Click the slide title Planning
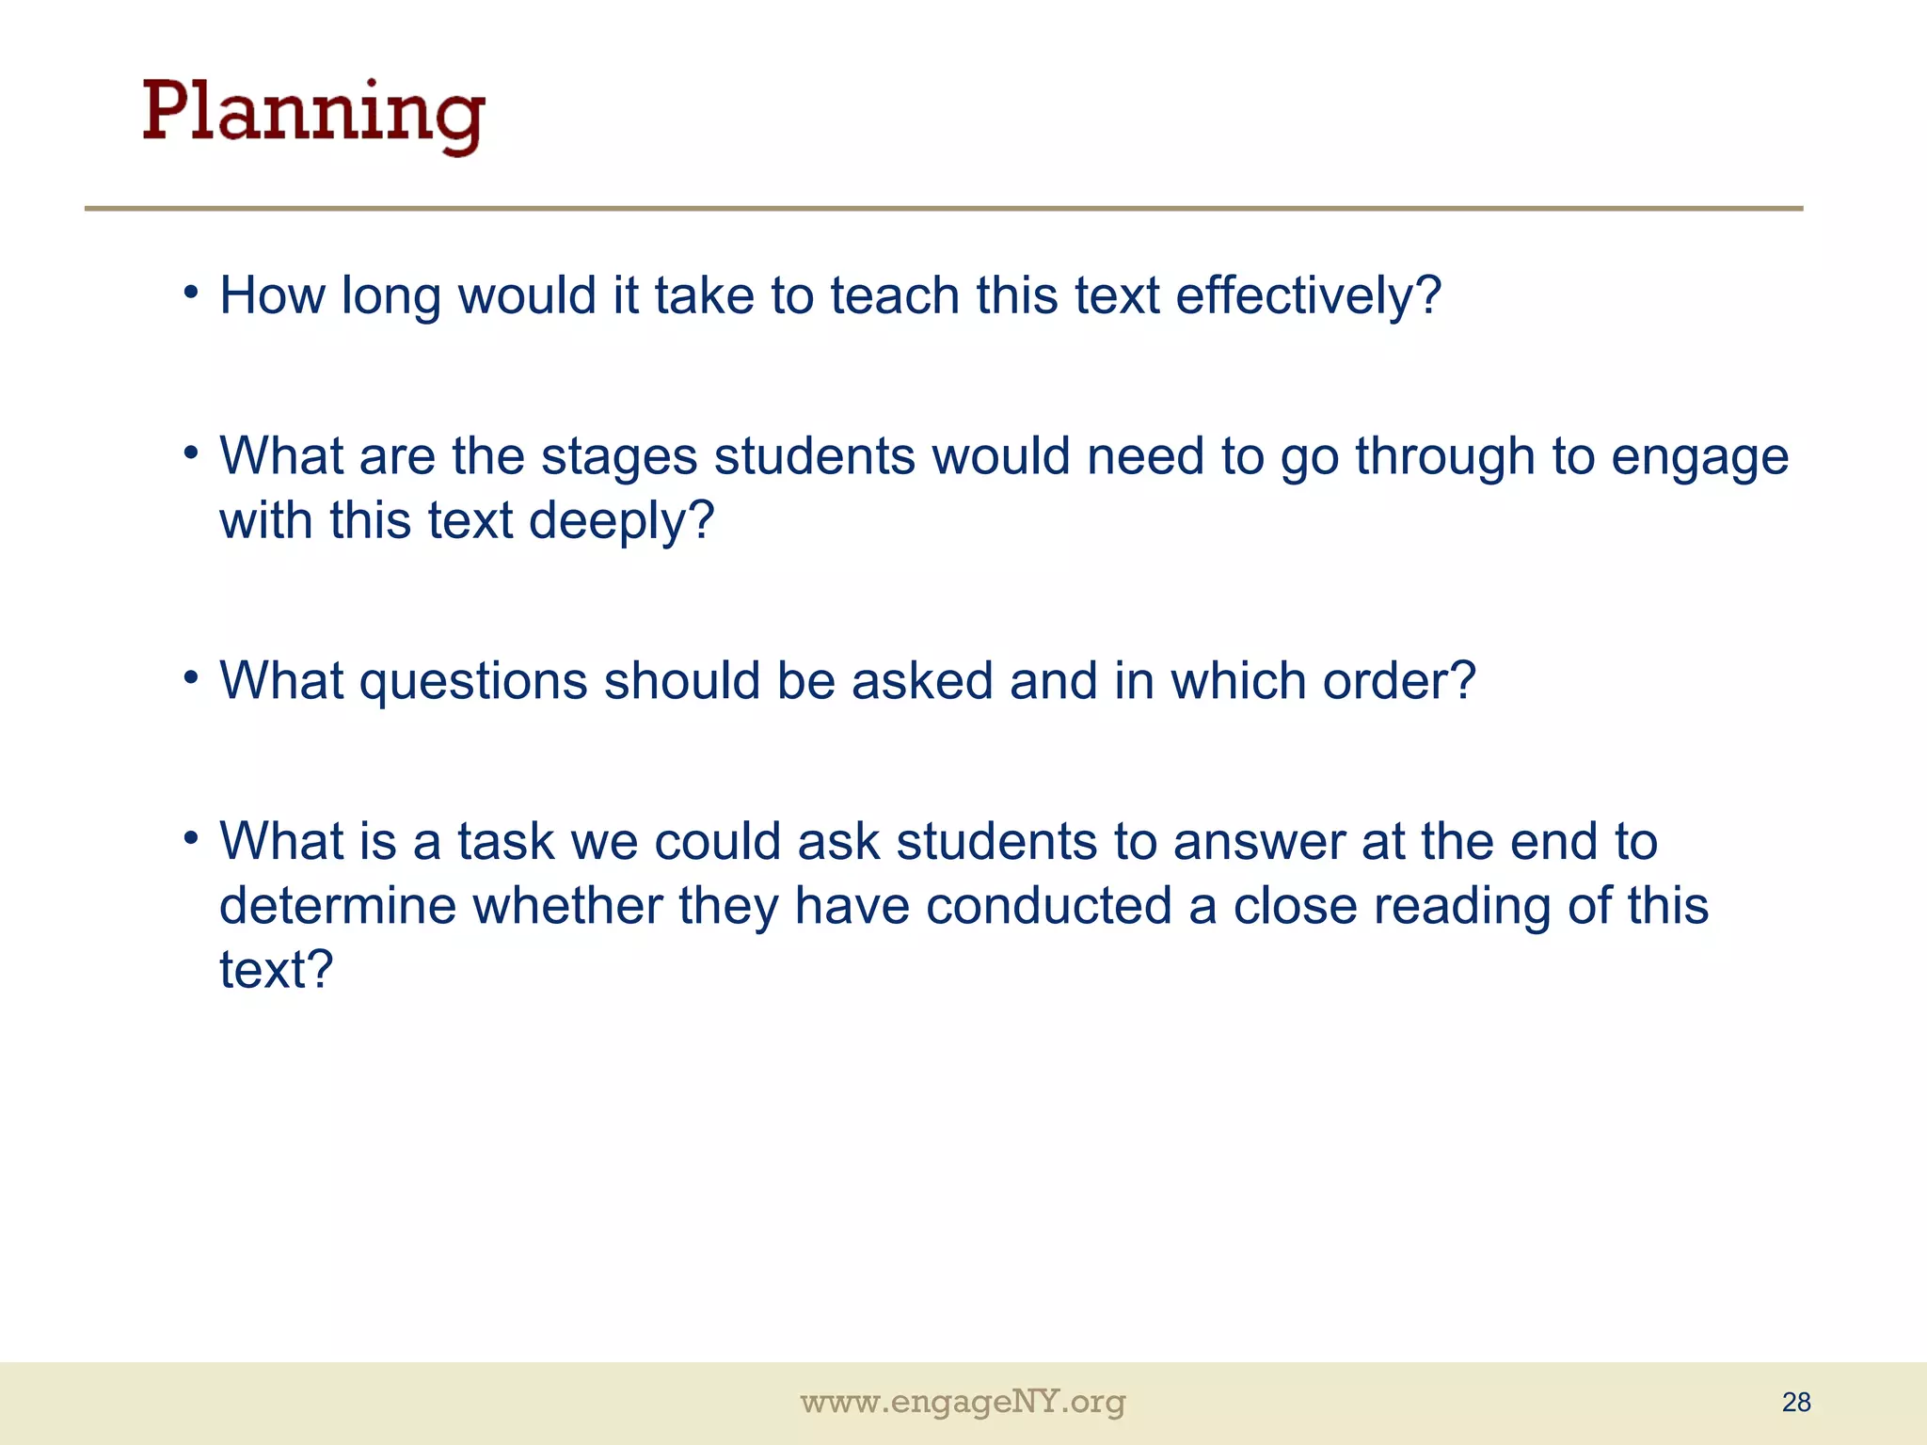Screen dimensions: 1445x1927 click(313, 115)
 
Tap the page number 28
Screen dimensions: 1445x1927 click(1796, 1403)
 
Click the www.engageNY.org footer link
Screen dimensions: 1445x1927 click(963, 1403)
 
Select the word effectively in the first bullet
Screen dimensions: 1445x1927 click(1308, 296)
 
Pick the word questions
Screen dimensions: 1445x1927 click(473, 682)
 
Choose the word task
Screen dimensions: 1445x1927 click(506, 842)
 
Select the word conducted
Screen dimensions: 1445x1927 click(1048, 906)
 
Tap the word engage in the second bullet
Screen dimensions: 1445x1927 click(1699, 458)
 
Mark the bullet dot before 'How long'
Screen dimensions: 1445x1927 click(192, 291)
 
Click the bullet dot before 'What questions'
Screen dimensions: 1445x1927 click(192, 676)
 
